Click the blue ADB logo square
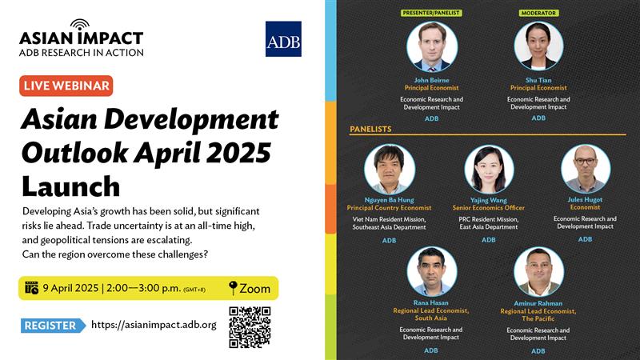[x=283, y=38]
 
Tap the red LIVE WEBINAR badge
[x=66, y=86]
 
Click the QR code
[x=250, y=327]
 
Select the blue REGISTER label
[x=53, y=326]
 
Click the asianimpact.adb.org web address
[x=154, y=325]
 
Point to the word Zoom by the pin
[x=254, y=289]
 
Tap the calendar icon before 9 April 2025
[x=31, y=288]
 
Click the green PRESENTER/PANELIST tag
[x=431, y=13]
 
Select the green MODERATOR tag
[x=538, y=13]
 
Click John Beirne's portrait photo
[x=432, y=47]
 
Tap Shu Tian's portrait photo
[x=538, y=46]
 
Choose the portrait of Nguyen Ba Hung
[x=390, y=169]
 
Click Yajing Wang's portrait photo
[x=489, y=169]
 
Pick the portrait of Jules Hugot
[x=586, y=169]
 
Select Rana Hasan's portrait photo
[x=432, y=271]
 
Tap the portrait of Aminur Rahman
[x=538, y=272]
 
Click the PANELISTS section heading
[x=370, y=129]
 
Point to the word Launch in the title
[x=71, y=186]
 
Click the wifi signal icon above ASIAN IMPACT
[x=79, y=26]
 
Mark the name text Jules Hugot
[x=585, y=199]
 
